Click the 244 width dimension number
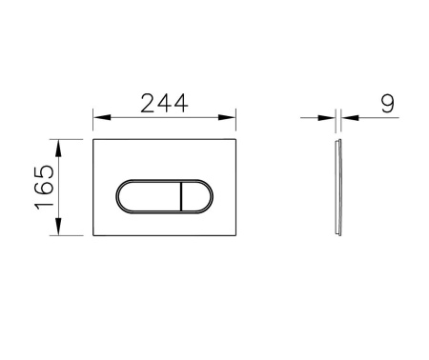pyautogui.click(x=164, y=104)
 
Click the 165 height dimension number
pyautogui.click(x=45, y=187)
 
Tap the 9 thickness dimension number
pyautogui.click(x=387, y=104)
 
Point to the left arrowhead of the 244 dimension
pyautogui.click(x=102, y=117)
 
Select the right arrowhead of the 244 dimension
pyautogui.click(x=227, y=117)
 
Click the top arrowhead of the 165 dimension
pyautogui.click(x=58, y=149)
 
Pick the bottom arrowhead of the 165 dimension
pyautogui.click(x=58, y=227)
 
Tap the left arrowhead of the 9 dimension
pyautogui.click(x=326, y=118)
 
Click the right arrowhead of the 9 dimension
pyautogui.click(x=350, y=118)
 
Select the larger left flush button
pyautogui.click(x=149, y=196)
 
